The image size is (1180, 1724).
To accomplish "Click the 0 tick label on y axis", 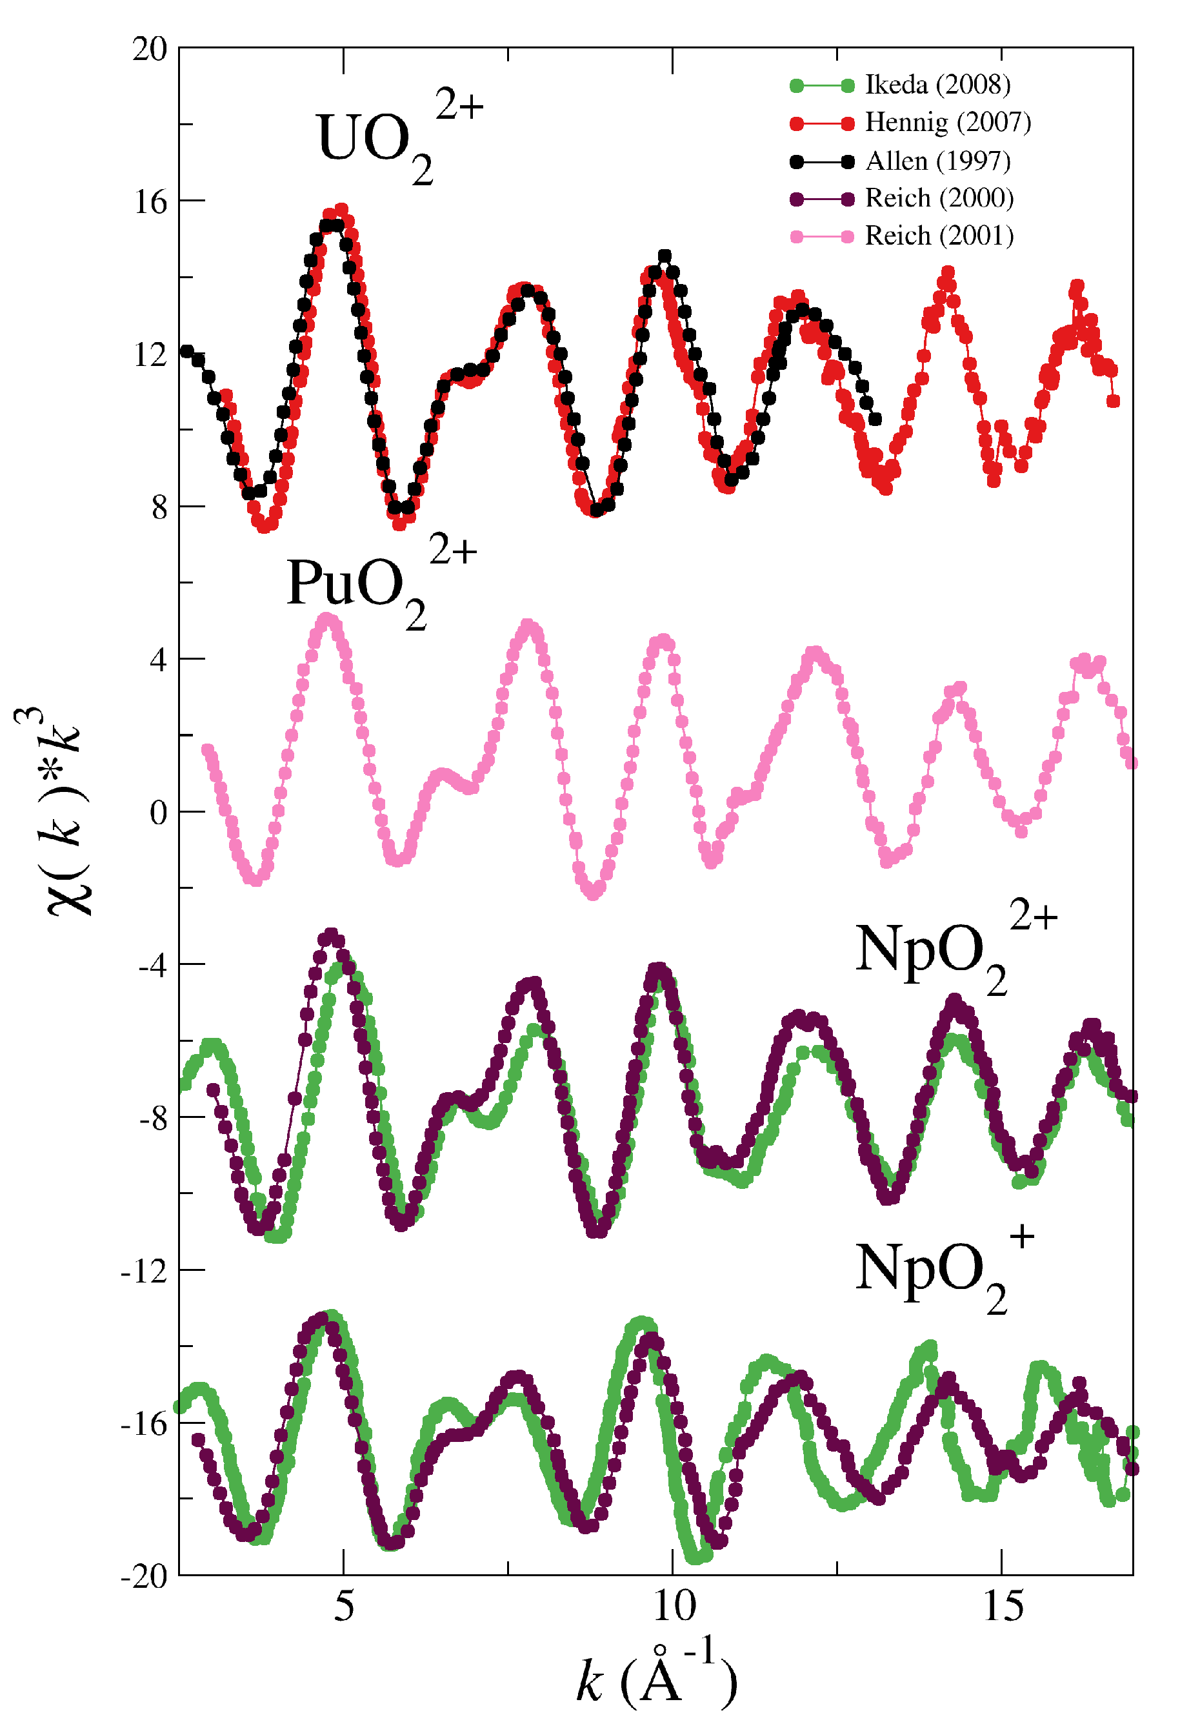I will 158,812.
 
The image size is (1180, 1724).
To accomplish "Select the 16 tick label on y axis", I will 150,202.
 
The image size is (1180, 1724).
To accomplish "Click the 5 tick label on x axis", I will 343,1607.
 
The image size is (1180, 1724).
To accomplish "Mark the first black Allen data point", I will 187,351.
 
